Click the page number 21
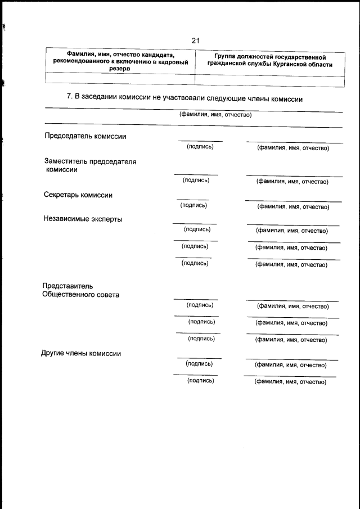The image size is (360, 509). pos(195,40)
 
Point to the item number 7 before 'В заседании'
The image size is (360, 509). pos(68,97)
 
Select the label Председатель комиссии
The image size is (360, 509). pos(85,136)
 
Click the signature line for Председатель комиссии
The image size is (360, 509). pos(200,140)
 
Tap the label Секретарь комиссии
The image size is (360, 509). pos(78,195)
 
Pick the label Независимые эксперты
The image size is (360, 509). pos(83,219)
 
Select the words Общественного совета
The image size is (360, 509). pos(81,294)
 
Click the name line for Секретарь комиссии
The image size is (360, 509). pos(293,201)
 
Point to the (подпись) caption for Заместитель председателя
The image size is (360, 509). pos(196,180)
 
